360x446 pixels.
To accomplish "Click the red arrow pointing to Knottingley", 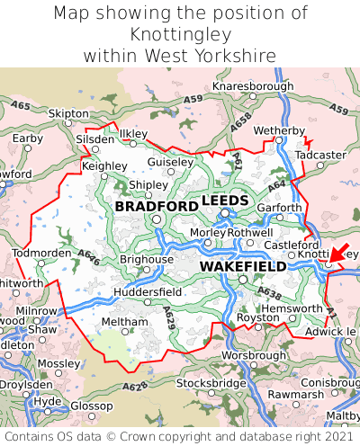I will pyautogui.click(x=339, y=253).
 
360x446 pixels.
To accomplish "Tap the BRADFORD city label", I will pyautogui.click(x=157, y=207).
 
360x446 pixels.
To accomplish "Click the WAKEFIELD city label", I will pyautogui.click(x=243, y=267).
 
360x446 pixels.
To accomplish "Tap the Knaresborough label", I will pyautogui.click(x=253, y=86).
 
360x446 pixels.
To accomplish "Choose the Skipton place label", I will pyautogui.click(x=68, y=113).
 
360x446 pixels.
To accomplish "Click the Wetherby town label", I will pyautogui.click(x=279, y=131).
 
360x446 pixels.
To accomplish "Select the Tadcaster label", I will pyautogui.click(x=320, y=155).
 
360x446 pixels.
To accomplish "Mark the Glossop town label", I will pyautogui.click(x=91, y=406).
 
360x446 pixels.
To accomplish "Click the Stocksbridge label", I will pyautogui.click(x=211, y=383).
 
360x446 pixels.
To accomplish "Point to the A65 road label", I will pyautogui.click(x=20, y=106).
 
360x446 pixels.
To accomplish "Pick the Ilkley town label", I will pyautogui.click(x=132, y=133).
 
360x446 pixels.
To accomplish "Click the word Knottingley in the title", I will pyautogui.click(x=180, y=34).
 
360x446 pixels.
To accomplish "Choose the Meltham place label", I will pyautogui.click(x=124, y=321).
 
